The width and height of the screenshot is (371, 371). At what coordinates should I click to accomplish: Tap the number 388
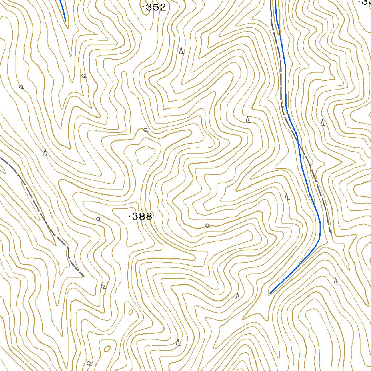point(142,217)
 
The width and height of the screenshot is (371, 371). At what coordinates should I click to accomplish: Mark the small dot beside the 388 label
point(129,217)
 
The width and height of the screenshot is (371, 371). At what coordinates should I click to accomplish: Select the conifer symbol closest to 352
point(182,51)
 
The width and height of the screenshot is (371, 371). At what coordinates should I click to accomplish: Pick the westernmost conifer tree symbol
point(46,152)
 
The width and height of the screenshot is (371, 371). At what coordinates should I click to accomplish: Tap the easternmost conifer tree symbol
point(336,281)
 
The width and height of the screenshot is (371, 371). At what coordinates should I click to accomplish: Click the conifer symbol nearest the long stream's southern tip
point(238,296)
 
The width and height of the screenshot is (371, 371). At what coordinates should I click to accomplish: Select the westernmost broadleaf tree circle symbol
point(21,87)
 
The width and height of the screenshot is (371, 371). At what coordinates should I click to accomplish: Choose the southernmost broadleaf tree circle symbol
point(89,363)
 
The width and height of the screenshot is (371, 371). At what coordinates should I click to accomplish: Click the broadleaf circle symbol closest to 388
point(98,219)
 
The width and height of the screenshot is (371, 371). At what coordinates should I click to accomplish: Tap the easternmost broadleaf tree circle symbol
point(207,225)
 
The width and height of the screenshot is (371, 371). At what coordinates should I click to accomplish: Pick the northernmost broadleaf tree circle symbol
point(84,76)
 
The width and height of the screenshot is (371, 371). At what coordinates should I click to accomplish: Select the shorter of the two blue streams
point(62,10)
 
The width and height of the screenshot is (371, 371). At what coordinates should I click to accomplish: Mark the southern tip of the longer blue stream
point(270,293)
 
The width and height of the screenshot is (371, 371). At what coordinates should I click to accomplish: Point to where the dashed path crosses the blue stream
point(298,139)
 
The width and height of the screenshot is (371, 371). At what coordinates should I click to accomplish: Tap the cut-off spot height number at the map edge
point(364,2)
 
